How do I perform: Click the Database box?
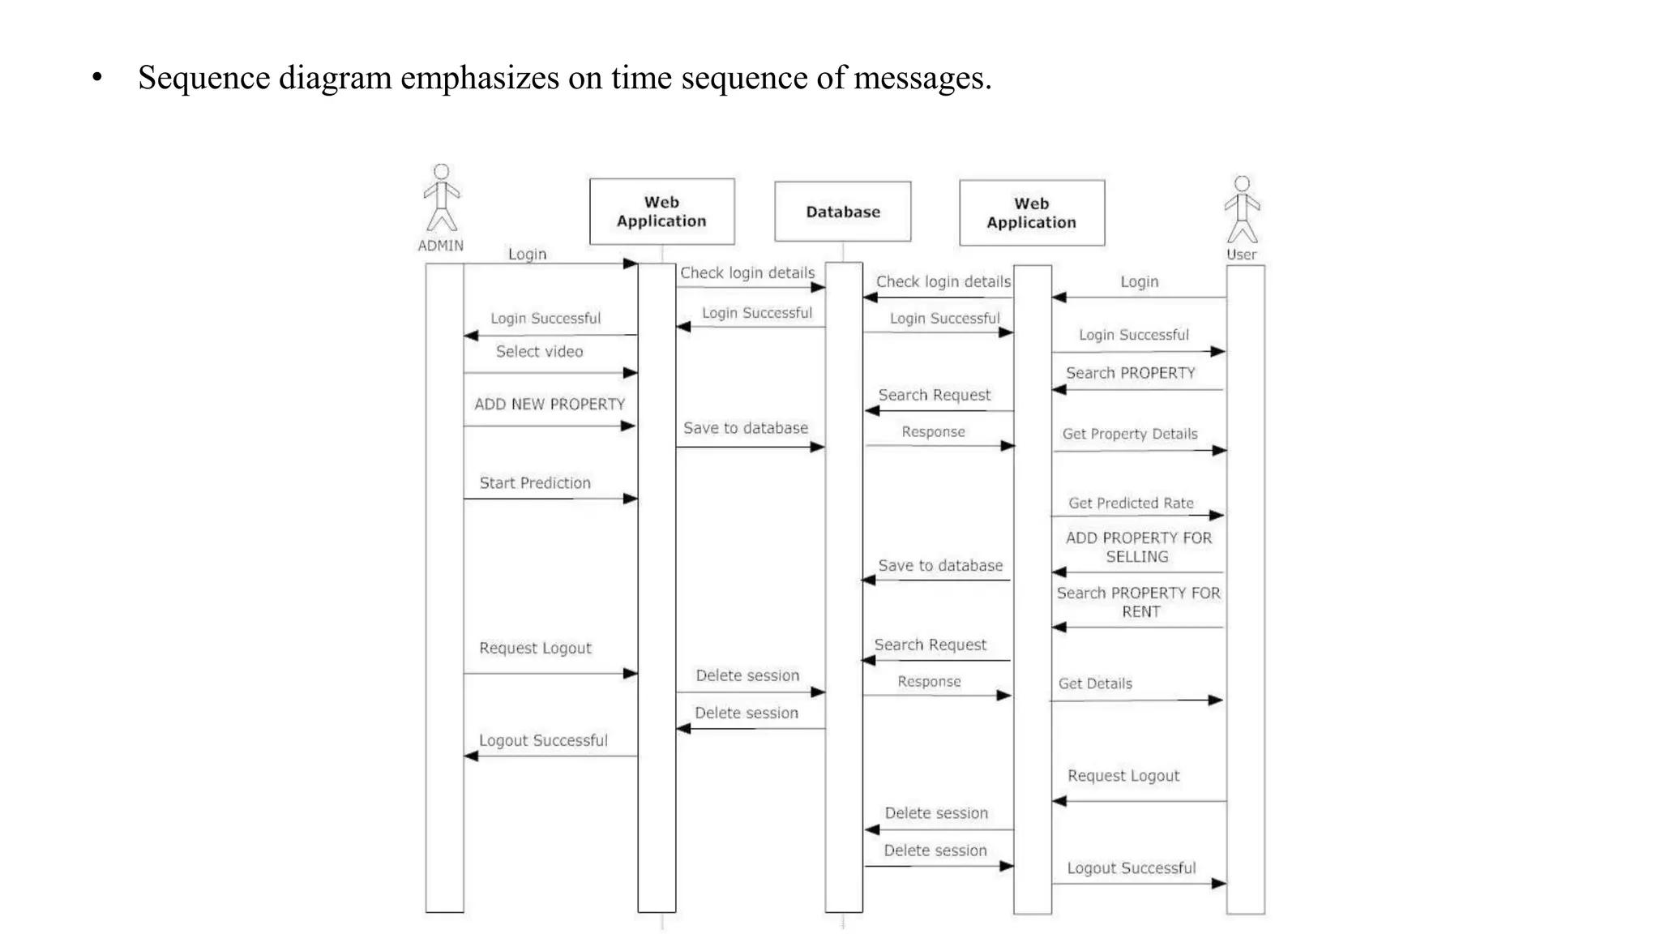842,212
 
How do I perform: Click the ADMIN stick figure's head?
441,172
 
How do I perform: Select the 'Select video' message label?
539,352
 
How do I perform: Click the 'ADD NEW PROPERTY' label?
550,404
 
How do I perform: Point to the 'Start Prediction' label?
535,483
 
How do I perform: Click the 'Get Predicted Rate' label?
1131,503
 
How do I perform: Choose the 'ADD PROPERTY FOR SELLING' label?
1138,547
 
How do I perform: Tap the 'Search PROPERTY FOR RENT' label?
1138,602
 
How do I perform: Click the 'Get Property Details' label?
1129,434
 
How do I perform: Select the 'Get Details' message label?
1095,683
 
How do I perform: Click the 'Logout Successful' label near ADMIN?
543,740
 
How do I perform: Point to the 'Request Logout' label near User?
1123,776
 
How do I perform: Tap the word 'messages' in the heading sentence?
919,79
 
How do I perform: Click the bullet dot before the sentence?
97,79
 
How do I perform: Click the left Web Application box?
661,212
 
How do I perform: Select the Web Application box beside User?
1031,213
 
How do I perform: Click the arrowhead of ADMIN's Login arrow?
630,263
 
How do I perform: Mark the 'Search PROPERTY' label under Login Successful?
1130,373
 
